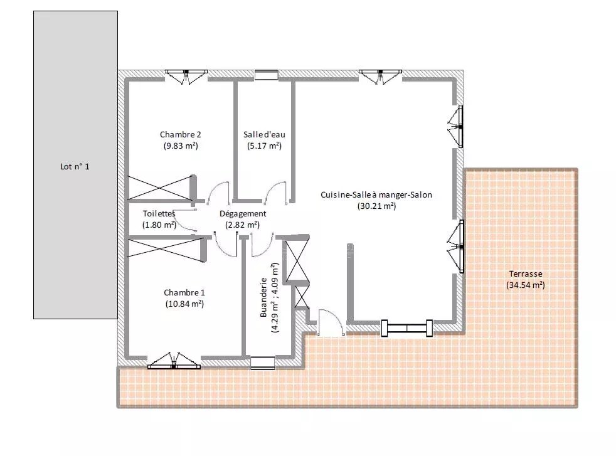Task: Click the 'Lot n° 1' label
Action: (x=75, y=167)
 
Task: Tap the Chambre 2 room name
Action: (x=180, y=134)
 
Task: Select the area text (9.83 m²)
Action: (x=181, y=146)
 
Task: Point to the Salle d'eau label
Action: (x=264, y=134)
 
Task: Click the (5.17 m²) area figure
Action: (x=264, y=146)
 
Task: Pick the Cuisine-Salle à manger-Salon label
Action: (x=376, y=195)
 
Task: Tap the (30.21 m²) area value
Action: (x=377, y=206)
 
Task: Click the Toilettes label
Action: (x=159, y=214)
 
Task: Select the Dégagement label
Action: (x=243, y=214)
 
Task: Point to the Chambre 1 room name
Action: (x=184, y=293)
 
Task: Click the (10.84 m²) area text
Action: (x=184, y=304)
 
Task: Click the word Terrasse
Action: (x=526, y=273)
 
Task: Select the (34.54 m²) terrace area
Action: (x=526, y=285)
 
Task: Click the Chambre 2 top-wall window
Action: (x=186, y=77)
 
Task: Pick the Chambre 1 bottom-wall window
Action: (x=174, y=361)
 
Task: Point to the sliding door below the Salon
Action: (x=406, y=328)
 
